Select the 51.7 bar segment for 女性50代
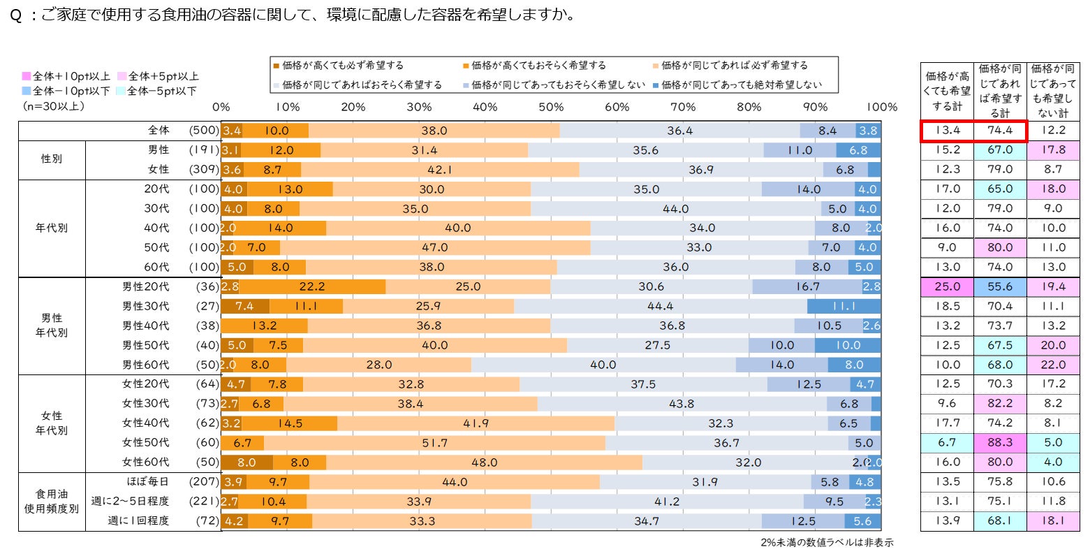coord(434,443)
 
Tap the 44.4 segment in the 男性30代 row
coord(660,306)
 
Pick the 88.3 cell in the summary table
coord(1000,443)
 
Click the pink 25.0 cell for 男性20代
coord(947,286)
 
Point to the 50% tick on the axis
coord(551,107)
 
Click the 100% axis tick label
coord(881,107)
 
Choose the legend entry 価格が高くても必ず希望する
coord(338,66)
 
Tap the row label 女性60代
coord(145,462)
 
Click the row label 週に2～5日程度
coord(131,501)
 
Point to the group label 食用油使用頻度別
coord(52,501)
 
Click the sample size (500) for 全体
coord(203,131)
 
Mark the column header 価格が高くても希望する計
coord(947,91)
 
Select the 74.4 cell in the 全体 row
coord(1000,131)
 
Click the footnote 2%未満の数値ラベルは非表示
coord(827,543)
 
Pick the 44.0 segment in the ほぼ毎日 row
coord(454,482)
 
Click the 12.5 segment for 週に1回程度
coord(803,521)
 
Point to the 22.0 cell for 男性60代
coord(1052,365)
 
